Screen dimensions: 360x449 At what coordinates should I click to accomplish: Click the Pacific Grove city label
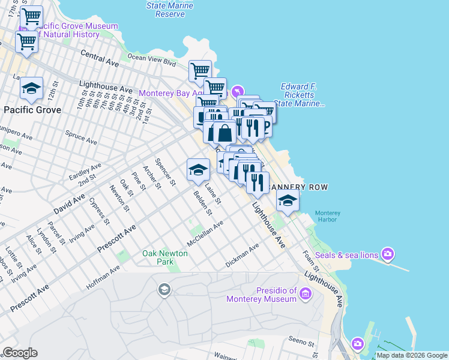(x=32, y=110)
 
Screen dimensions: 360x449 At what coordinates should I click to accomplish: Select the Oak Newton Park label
(x=165, y=257)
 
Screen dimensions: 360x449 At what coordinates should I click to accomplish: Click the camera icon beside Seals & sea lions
(x=388, y=255)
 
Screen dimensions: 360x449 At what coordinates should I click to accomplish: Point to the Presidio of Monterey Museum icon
(x=306, y=294)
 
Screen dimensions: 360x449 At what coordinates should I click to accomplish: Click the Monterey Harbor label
(x=328, y=217)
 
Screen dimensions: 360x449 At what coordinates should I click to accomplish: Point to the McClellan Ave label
(x=205, y=233)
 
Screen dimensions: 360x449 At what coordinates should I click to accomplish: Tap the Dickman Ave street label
(x=242, y=255)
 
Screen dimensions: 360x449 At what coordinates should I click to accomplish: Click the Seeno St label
(x=301, y=343)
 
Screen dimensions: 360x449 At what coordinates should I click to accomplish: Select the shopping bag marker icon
(x=224, y=133)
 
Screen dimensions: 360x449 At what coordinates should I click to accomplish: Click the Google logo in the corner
(x=20, y=353)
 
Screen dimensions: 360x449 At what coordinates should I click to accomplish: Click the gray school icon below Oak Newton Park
(x=163, y=291)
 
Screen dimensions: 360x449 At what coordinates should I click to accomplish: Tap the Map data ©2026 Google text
(x=412, y=355)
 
